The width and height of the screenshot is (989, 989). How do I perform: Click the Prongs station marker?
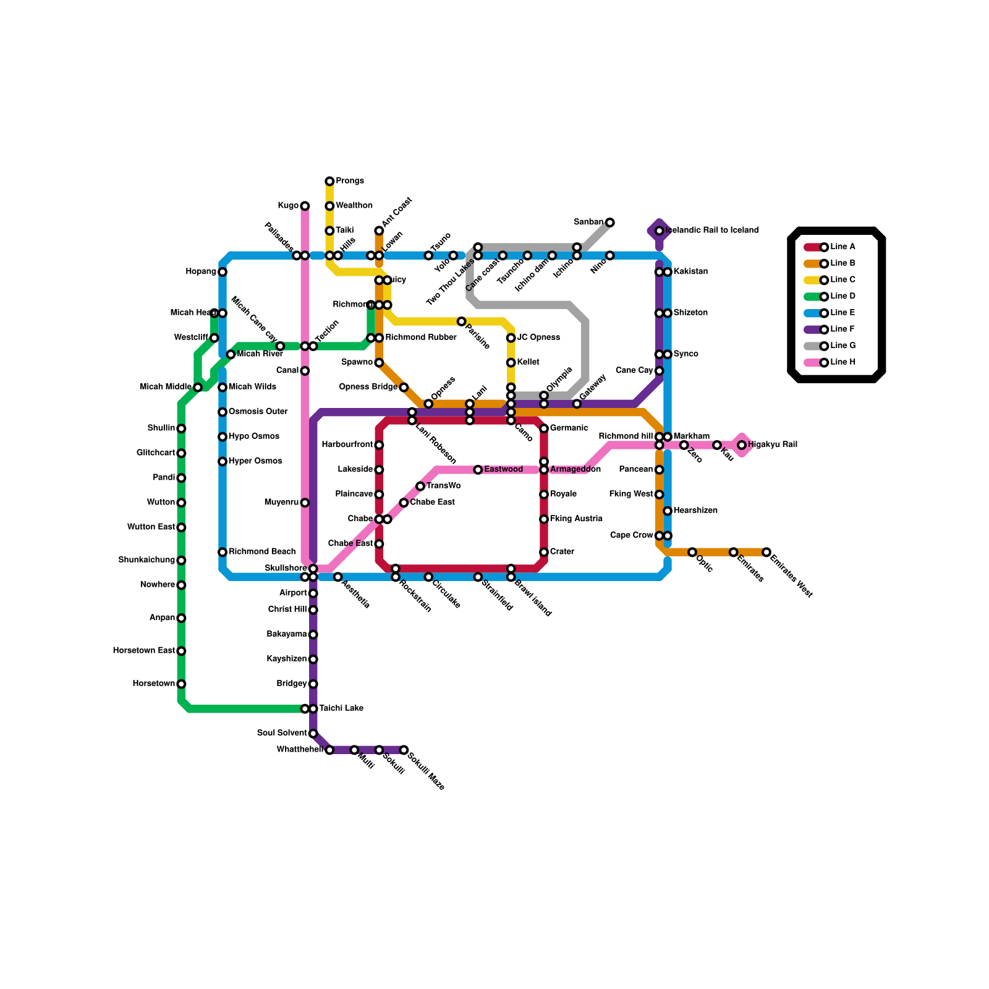329,181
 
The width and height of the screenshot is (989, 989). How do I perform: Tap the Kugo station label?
287,206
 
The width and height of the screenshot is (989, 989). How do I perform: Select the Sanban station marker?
609,223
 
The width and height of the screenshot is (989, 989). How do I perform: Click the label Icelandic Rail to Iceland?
712,231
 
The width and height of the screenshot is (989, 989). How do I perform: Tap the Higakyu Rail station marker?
741,445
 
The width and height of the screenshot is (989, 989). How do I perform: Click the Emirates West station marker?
766,552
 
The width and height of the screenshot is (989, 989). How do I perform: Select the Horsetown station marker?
181,684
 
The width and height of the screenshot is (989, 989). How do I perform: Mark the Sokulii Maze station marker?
404,750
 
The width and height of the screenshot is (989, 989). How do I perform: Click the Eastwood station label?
503,470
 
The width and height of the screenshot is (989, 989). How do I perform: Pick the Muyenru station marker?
305,503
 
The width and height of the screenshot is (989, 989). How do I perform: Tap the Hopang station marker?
223,272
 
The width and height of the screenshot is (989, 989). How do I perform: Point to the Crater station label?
562,552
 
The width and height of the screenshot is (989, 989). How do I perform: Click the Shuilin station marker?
181,428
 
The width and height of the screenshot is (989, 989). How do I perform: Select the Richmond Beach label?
262,551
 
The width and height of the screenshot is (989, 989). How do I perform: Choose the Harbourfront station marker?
379,445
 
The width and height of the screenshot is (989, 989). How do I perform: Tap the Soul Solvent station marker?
313,734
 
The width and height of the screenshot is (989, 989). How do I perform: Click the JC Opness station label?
538,337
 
